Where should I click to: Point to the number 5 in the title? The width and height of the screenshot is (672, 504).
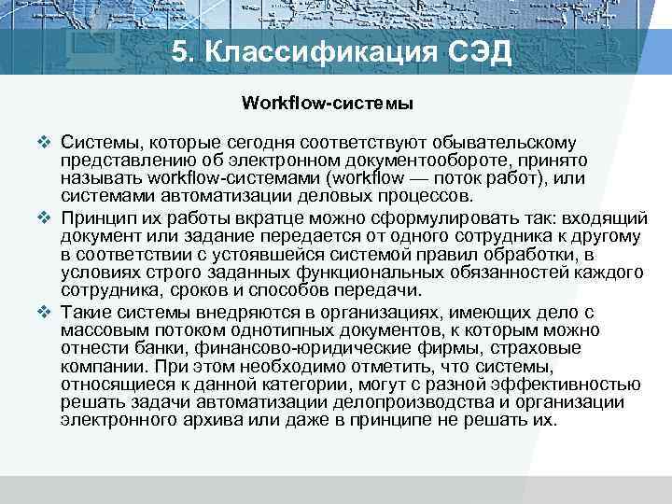tap(182, 52)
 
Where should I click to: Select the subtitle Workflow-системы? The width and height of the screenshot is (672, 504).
tap(328, 102)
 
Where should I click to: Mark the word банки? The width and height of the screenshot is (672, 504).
tap(142, 348)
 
